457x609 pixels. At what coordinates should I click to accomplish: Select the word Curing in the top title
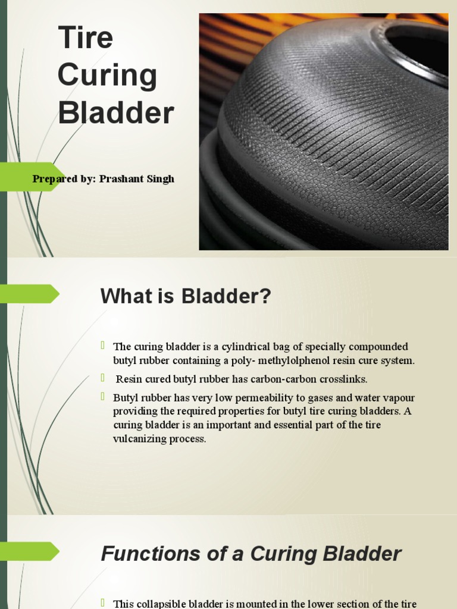(107, 76)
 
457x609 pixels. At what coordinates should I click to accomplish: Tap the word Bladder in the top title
(116, 113)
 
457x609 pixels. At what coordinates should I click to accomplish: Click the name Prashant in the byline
(121, 179)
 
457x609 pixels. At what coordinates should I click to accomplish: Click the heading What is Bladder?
(186, 296)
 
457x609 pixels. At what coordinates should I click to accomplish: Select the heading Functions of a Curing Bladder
(251, 554)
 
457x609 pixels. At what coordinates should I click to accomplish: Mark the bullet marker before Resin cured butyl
(103, 378)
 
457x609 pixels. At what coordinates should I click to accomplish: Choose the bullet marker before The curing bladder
(103, 346)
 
